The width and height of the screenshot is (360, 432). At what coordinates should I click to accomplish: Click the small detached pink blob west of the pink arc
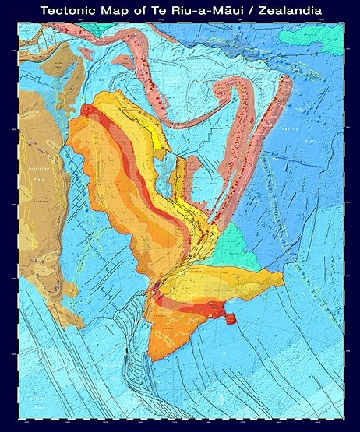click(122, 60)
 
